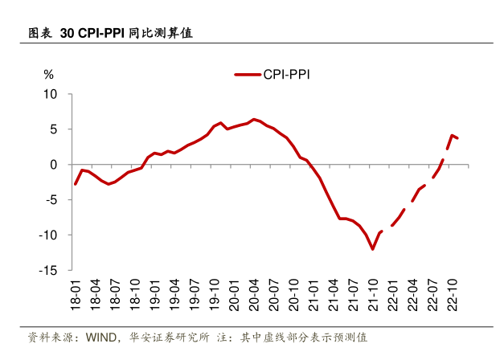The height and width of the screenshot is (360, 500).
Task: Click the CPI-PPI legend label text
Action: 287,75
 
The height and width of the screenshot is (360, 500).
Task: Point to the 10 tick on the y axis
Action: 51,94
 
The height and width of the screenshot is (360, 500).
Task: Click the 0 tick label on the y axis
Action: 55,165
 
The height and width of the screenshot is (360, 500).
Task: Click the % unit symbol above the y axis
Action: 48,74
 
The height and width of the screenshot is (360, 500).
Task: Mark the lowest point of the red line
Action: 373,249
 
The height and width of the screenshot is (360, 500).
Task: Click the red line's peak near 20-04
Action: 253,119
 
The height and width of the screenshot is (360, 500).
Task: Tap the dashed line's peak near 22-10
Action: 453,135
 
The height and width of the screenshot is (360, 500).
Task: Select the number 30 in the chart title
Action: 67,35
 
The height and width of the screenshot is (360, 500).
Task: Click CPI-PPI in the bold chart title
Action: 102,35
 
